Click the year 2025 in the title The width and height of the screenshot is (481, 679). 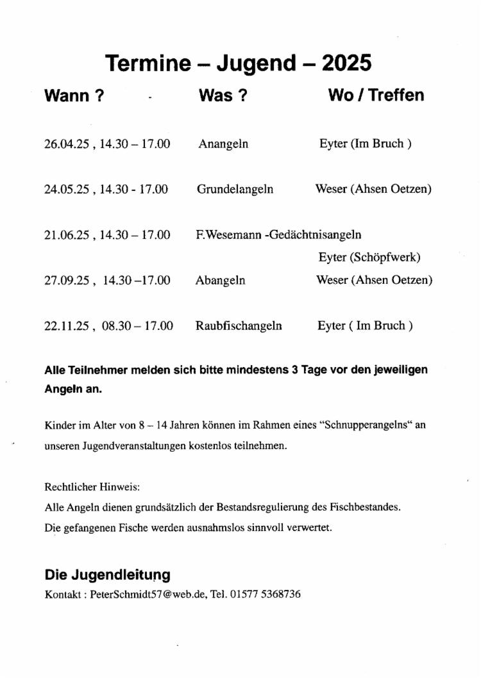click(x=347, y=63)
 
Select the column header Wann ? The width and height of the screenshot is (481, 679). click(x=74, y=95)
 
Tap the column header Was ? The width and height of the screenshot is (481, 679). click(x=223, y=95)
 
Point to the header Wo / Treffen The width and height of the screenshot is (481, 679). click(x=376, y=95)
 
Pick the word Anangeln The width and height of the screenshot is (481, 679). click(x=223, y=144)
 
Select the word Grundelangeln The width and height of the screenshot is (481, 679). click(x=235, y=190)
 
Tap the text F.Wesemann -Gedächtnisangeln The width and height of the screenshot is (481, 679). click(x=278, y=235)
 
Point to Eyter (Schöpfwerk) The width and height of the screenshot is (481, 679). click(x=369, y=258)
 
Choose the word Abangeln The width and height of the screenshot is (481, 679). click(x=220, y=281)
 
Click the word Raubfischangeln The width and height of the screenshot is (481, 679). click(x=239, y=326)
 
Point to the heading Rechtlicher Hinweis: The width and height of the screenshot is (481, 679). click(x=83, y=486)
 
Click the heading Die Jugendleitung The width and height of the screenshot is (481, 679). click(x=107, y=575)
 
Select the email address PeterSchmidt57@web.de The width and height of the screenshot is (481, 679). click(x=148, y=594)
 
